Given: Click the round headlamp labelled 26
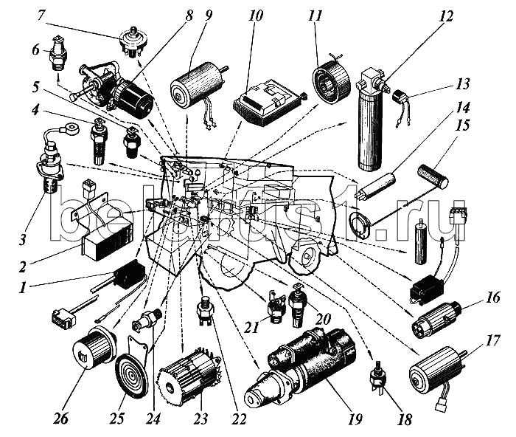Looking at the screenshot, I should point(94,347).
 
